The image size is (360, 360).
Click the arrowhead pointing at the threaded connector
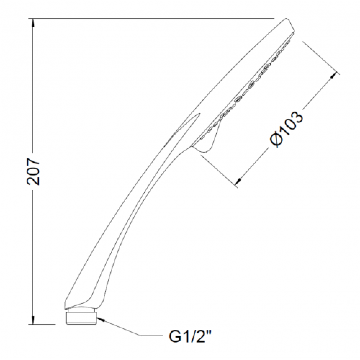coord(101,320)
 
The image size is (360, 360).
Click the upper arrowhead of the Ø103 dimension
coord(333,76)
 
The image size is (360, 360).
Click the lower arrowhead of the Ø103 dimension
coord(239,181)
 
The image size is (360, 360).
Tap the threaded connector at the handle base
coord(81,317)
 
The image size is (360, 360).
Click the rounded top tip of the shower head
coord(287,19)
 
